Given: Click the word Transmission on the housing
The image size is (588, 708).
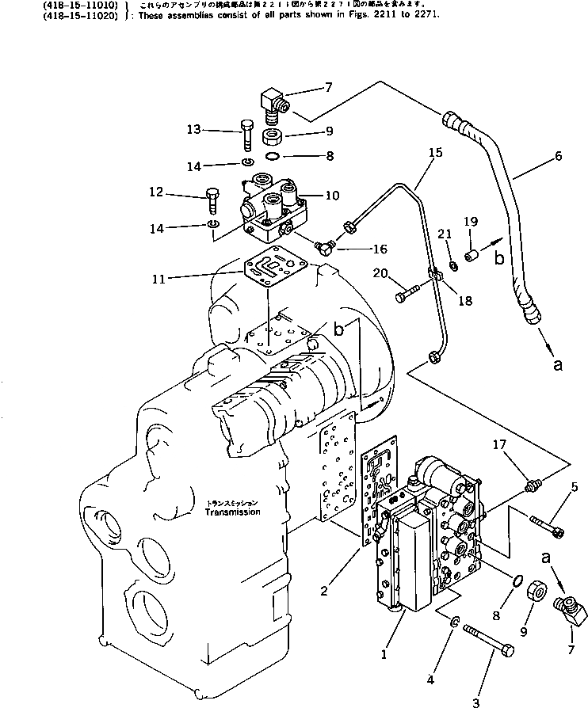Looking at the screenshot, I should point(232,512).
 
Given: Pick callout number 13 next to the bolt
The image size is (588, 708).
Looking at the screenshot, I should point(194,130).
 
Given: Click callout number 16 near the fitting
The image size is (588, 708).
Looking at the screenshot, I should point(380,249).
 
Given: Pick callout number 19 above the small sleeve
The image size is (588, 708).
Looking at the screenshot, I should point(470,222).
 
